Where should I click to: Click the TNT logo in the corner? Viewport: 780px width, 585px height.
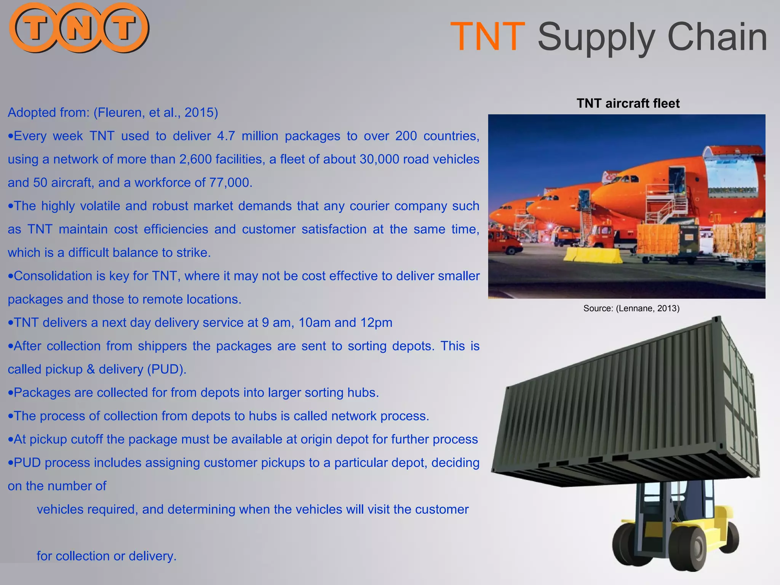click(79, 28)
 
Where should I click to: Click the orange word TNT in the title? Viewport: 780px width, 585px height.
click(488, 37)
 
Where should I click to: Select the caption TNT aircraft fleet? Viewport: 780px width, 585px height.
click(628, 103)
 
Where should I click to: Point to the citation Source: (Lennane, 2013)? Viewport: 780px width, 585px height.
click(631, 308)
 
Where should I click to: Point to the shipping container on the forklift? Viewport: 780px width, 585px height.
click(625, 411)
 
